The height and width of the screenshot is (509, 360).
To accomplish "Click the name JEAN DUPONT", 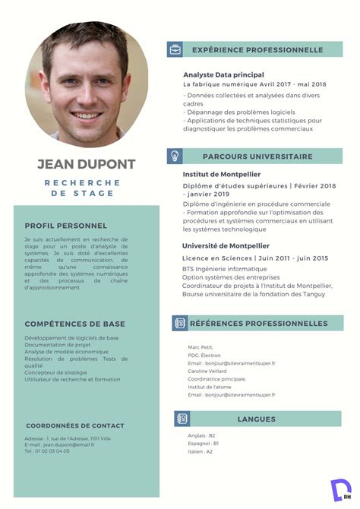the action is point(86,164).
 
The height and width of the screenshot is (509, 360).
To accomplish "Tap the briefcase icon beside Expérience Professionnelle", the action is point(175,49).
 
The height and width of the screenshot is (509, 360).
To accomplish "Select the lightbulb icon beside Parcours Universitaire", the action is point(175,156).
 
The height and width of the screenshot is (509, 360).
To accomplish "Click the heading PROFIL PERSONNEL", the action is point(65,226).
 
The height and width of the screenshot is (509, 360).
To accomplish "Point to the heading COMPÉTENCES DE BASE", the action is point(74,324).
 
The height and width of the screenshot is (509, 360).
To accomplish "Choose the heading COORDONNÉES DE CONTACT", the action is point(74,425).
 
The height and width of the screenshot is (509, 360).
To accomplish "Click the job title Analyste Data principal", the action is point(223,74).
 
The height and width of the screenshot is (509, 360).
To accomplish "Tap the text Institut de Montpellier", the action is point(221,174).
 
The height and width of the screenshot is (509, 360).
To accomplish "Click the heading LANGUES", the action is point(256,419).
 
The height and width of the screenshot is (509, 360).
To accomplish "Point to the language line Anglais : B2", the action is point(202,435).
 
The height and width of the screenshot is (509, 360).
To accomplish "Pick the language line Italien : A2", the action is point(201,451).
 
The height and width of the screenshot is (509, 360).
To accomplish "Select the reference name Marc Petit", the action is point(201,347).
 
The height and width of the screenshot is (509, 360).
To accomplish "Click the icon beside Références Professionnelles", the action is point(180,323).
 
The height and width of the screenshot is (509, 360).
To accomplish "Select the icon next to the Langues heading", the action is point(182,419).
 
